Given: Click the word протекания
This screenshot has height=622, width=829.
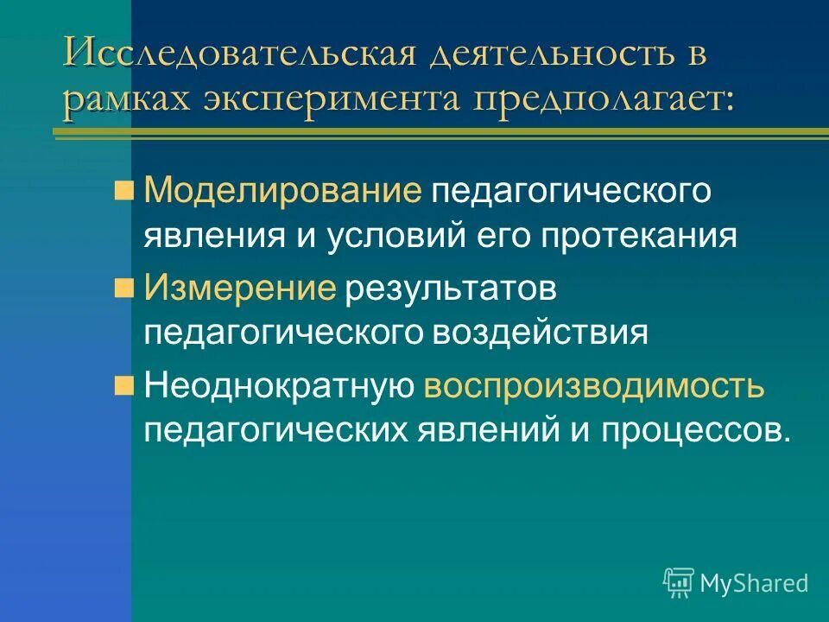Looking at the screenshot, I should pos(640,237).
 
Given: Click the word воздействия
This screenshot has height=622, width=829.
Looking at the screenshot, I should pos(560,333).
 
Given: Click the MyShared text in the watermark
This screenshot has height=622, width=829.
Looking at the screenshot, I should pos(754,583).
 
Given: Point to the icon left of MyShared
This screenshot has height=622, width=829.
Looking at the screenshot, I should pos(679,583).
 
